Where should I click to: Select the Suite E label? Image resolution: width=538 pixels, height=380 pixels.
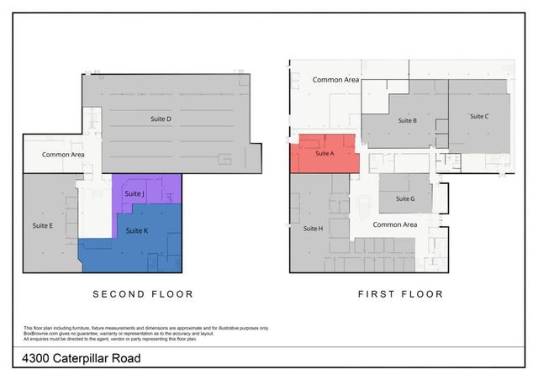(43, 225)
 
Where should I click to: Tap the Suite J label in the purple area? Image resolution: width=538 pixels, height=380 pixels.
(135, 194)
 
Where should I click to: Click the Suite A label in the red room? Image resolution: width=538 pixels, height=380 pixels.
(324, 155)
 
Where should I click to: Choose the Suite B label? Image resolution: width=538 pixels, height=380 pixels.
(407, 120)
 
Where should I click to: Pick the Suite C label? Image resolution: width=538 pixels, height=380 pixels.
(479, 116)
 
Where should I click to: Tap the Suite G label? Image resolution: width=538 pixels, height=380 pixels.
(405, 198)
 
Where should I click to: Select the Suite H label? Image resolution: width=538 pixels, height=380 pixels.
(313, 228)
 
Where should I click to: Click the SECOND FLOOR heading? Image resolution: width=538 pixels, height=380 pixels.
(143, 294)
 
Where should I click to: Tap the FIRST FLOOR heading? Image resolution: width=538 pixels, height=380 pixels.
(400, 294)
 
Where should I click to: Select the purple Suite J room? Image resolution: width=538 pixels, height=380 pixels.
(147, 189)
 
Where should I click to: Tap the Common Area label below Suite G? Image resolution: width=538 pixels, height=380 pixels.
(394, 224)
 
